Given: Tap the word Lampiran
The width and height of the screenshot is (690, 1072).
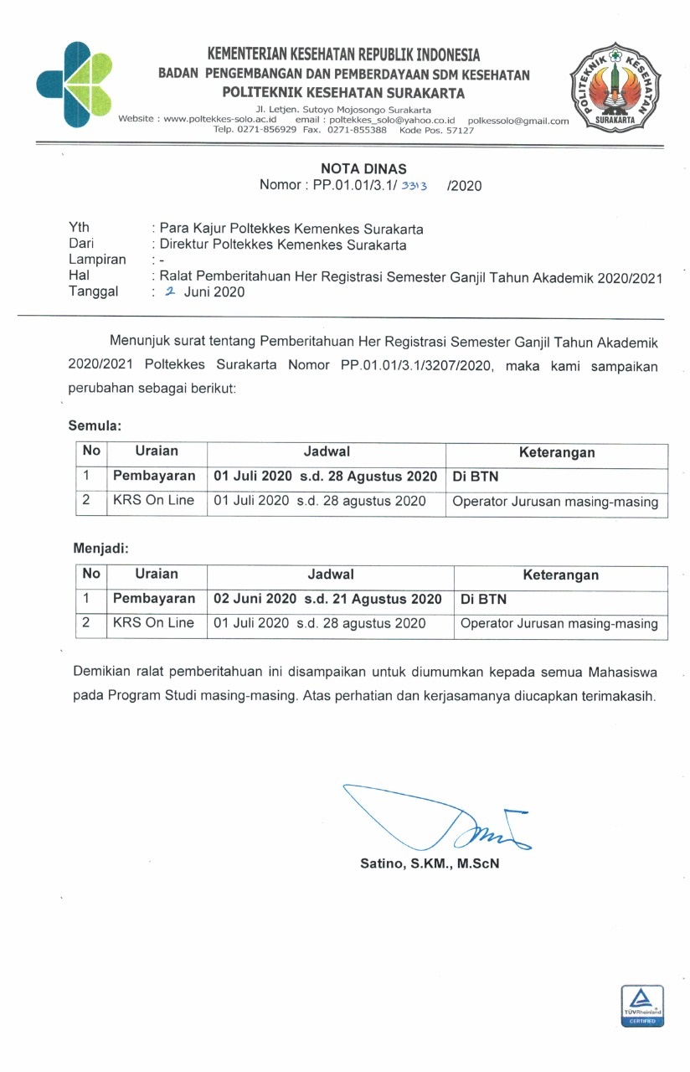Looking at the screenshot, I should click(x=97, y=260).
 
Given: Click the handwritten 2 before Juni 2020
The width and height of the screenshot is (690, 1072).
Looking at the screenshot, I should click(x=169, y=291).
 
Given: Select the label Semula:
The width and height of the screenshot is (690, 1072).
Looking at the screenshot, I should click(x=95, y=426).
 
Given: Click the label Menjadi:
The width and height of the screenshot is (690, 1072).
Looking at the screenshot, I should click(x=99, y=549).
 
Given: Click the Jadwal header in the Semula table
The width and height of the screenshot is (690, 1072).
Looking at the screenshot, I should click(x=327, y=451).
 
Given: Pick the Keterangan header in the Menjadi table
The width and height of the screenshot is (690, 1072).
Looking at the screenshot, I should click(x=560, y=575).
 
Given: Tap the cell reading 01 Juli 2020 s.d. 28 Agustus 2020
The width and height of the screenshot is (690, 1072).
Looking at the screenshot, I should click(x=326, y=477).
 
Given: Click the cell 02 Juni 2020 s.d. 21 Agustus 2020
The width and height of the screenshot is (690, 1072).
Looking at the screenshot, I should click(x=327, y=599).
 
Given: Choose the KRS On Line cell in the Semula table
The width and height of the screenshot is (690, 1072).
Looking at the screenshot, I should click(x=153, y=501).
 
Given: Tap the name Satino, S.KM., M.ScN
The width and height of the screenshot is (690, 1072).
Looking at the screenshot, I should click(x=430, y=863).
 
